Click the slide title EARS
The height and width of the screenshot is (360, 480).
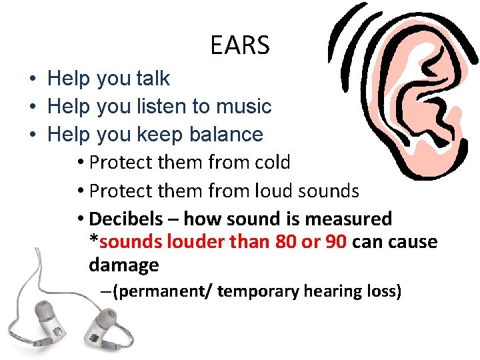[239, 45]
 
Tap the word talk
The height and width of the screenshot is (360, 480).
[153, 79]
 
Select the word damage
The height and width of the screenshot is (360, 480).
[123, 265]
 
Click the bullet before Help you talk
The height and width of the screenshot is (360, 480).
[32, 79]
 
